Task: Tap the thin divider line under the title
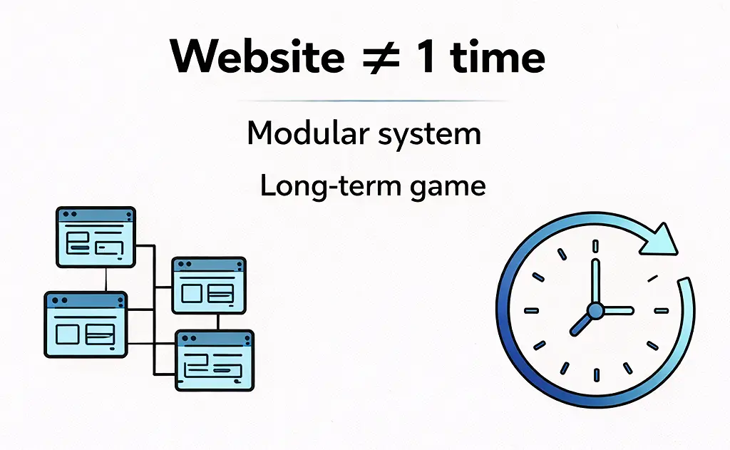[x=365, y=101]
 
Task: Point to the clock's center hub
[x=595, y=310]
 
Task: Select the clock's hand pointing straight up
[x=595, y=282]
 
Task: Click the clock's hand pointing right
[x=617, y=310]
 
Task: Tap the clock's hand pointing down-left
[x=581, y=323]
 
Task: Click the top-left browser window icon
[x=96, y=237]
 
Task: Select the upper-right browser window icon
[x=209, y=285]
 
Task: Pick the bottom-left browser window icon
[x=86, y=324]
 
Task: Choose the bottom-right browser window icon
[x=214, y=360]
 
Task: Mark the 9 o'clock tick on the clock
[x=531, y=310]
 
